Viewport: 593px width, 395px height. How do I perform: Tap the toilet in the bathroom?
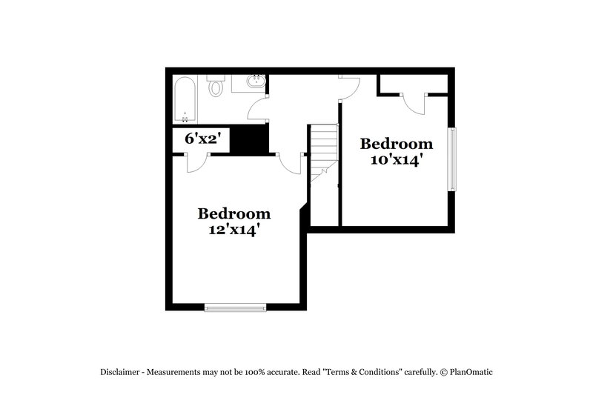(216, 88)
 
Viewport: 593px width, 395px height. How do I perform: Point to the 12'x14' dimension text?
(234, 230)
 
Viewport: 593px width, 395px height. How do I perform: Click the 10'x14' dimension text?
(397, 160)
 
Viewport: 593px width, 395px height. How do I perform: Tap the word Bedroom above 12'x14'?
(234, 213)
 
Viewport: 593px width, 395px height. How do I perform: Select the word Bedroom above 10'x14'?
(397, 143)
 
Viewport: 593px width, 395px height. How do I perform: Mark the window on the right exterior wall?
(453, 159)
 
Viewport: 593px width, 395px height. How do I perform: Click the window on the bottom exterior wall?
(236, 307)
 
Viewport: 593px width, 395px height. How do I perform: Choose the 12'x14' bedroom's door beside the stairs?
(291, 164)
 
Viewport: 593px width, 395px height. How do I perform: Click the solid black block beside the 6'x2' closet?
(248, 140)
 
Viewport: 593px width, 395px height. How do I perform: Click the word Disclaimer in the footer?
(124, 372)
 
